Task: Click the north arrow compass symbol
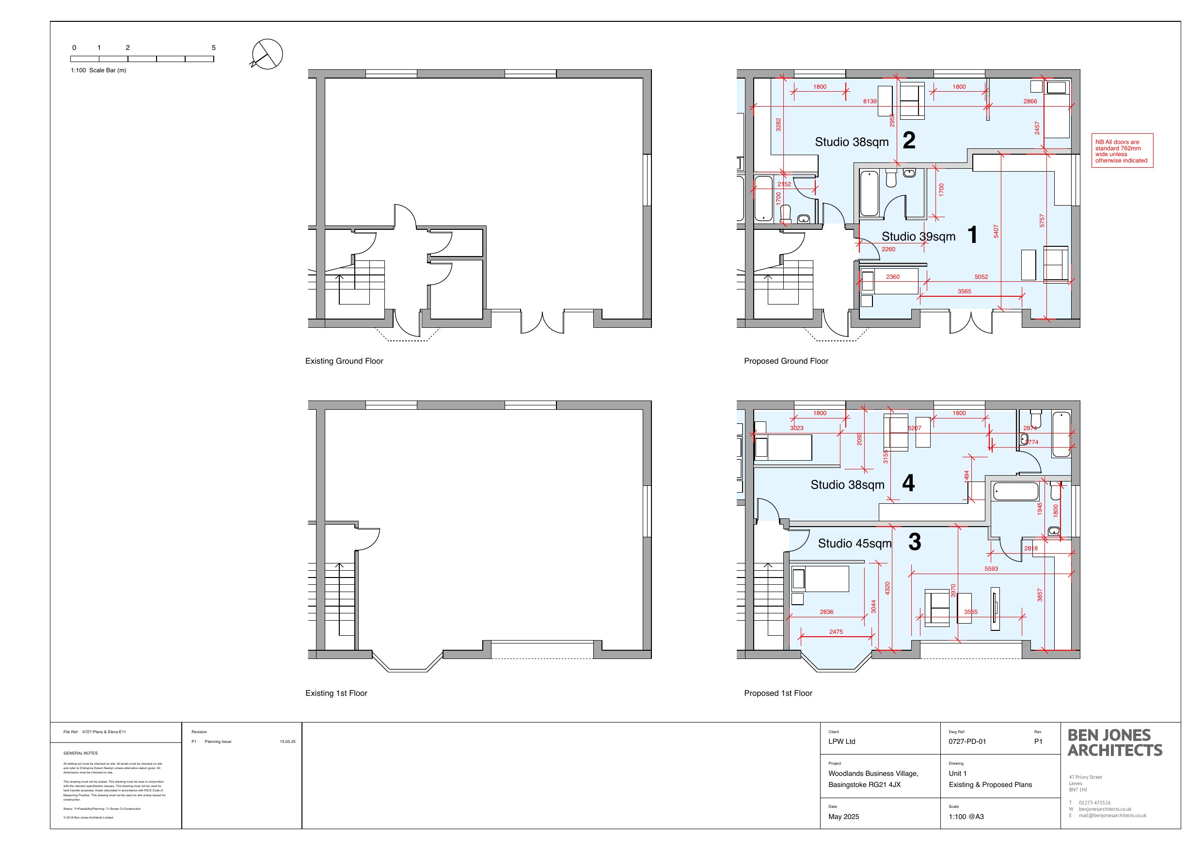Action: tap(267, 54)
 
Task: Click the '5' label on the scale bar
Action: tap(213, 48)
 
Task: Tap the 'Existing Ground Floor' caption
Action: tap(344, 361)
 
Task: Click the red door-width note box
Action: tap(1122, 151)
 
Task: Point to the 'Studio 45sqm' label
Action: tap(855, 543)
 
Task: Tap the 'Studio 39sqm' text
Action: tap(918, 237)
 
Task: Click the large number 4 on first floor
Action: tap(908, 483)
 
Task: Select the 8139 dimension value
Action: tap(870, 101)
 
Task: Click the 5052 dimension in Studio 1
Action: tap(981, 277)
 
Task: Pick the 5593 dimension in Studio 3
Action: tap(991, 568)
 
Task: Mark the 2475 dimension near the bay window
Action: tap(836, 632)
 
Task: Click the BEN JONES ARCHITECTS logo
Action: tap(1114, 742)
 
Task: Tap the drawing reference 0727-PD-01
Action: tap(967, 741)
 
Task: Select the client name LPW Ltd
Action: tap(841, 741)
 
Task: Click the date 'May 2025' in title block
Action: tap(843, 817)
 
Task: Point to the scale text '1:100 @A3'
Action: tap(966, 817)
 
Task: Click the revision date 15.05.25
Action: tap(287, 742)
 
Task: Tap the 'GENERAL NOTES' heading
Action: tap(80, 753)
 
